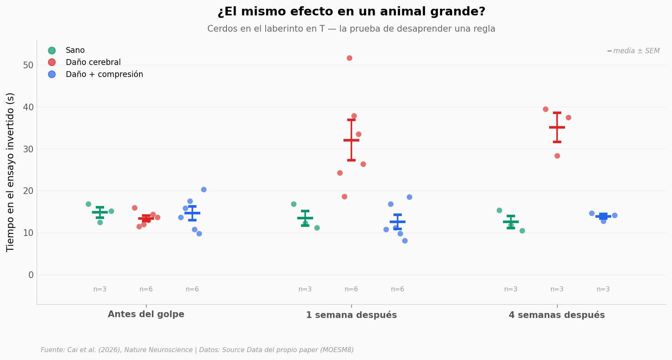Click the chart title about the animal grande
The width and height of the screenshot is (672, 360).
351,12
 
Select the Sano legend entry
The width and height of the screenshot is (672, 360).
67,50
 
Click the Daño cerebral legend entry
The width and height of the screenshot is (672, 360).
85,62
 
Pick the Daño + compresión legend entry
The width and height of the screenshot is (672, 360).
96,74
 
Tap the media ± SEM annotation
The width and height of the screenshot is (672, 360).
633,51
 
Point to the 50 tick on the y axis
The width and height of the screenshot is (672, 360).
28,65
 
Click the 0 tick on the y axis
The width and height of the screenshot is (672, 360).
31,275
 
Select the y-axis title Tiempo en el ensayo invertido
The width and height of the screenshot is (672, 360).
10,172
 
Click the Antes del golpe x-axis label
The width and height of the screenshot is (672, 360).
146,314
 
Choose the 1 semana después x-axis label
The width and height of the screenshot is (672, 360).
351,315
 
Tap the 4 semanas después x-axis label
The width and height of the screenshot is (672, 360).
557,315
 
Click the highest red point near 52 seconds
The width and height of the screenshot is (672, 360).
349,58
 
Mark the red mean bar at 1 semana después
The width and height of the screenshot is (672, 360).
351,140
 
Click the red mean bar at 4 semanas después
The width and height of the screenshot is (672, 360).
557,127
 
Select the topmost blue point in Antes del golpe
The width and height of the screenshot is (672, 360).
204,190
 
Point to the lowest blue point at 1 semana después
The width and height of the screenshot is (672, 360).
405,241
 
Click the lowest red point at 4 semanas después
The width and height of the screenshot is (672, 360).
557,156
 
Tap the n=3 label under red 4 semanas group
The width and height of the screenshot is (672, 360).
557,289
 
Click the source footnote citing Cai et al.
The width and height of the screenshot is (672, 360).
197,350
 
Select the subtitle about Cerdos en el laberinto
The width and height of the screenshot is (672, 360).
351,29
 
